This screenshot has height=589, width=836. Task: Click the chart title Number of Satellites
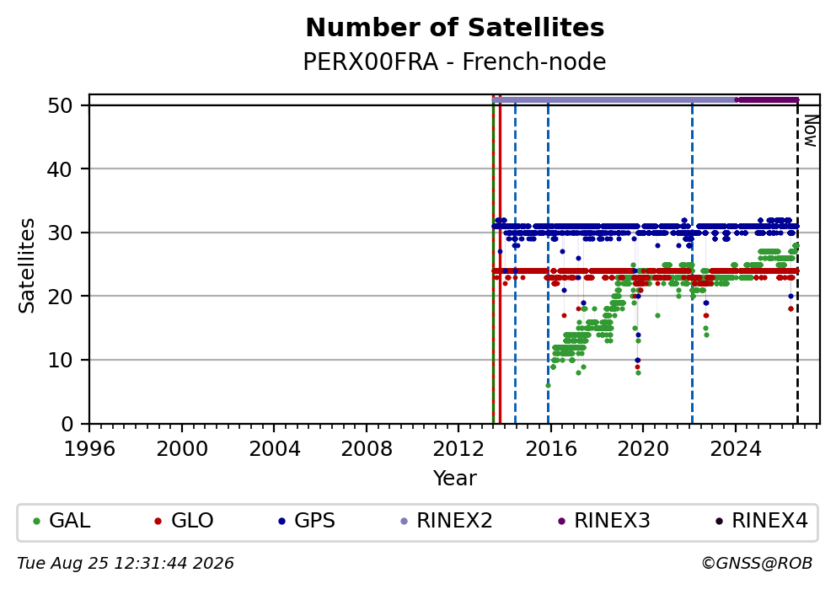coord(455,28)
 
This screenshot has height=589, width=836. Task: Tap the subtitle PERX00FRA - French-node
coord(454,62)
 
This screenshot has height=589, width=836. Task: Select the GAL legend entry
coord(62,520)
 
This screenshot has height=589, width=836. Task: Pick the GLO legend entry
coord(184,520)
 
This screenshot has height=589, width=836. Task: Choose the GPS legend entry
coord(307,520)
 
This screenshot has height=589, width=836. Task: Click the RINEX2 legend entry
coord(447,520)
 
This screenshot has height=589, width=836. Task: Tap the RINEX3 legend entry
coord(604,520)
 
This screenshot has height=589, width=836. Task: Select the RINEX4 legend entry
coord(762,520)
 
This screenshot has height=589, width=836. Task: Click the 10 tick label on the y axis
coord(60,361)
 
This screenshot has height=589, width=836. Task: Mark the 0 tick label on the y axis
coord(67,425)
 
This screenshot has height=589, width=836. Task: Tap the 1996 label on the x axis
coord(89,449)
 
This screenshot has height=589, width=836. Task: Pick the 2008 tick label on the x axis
coord(367,449)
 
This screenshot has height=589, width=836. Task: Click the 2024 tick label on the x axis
coord(735,449)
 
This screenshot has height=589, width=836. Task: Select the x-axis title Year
coord(454,478)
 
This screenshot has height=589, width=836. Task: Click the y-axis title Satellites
coord(26,265)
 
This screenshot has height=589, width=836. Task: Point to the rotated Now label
coord(811,131)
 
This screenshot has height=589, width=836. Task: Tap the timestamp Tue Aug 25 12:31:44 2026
coord(126,564)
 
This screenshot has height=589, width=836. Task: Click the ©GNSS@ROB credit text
coord(757,564)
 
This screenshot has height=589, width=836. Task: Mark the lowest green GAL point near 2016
coord(548,385)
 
